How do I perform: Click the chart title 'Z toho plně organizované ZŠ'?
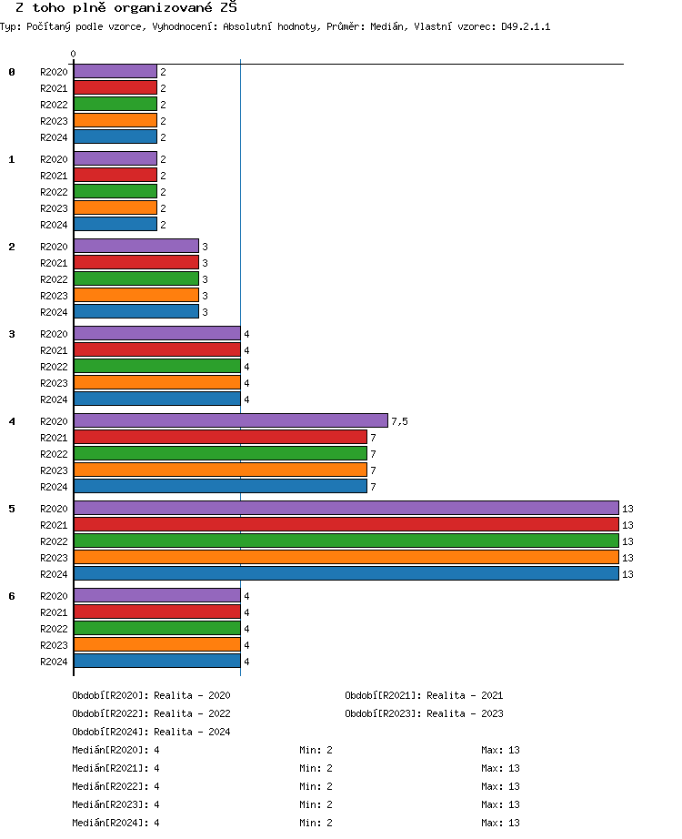[126, 7]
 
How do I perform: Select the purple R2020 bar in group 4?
[230, 420]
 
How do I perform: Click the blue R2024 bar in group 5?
[346, 573]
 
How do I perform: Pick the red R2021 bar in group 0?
[115, 88]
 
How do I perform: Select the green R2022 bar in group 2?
[135, 278]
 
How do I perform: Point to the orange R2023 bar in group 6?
[156, 644]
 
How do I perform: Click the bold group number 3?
[12, 334]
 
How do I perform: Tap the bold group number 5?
[12, 509]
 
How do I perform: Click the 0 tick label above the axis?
[73, 54]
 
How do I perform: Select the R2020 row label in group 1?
[54, 159]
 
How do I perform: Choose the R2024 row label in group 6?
[54, 662]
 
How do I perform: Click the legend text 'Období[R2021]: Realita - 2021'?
[424, 695]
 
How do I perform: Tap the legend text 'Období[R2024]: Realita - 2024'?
[151, 732]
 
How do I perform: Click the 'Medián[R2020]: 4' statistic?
[115, 750]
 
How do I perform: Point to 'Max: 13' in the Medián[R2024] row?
[500, 823]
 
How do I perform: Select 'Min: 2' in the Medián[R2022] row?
[316, 786]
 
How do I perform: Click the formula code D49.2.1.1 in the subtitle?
[526, 26]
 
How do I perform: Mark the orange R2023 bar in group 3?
[156, 382]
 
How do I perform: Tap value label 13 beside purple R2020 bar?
[627, 509]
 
